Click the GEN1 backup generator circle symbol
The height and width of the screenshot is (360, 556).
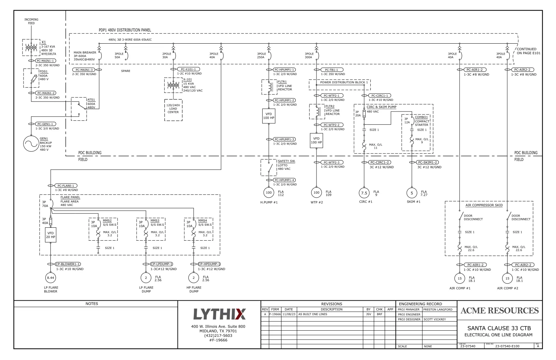(x=31, y=144)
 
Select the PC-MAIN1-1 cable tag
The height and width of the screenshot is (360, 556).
(x=46, y=61)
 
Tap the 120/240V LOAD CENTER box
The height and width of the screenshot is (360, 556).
(x=173, y=110)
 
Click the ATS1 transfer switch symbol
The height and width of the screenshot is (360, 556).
(x=79, y=108)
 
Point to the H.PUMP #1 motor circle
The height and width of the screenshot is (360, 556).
(x=269, y=193)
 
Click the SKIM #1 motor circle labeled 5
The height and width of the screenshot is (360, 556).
(x=412, y=193)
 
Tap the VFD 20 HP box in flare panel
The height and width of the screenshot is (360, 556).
(x=50, y=235)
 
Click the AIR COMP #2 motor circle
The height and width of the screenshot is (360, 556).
(x=507, y=279)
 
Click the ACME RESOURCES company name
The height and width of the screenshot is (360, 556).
(x=499, y=311)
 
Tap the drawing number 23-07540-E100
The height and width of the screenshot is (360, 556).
(x=507, y=346)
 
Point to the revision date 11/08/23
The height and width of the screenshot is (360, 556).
(x=289, y=314)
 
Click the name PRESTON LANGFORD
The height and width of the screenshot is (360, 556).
(x=438, y=310)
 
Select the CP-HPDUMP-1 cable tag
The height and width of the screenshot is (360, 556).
(x=209, y=264)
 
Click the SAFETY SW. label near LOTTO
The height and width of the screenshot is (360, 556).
(x=286, y=161)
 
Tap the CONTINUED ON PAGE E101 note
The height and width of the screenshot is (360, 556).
(x=528, y=51)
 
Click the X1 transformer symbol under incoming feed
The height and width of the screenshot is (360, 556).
(x=31, y=48)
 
